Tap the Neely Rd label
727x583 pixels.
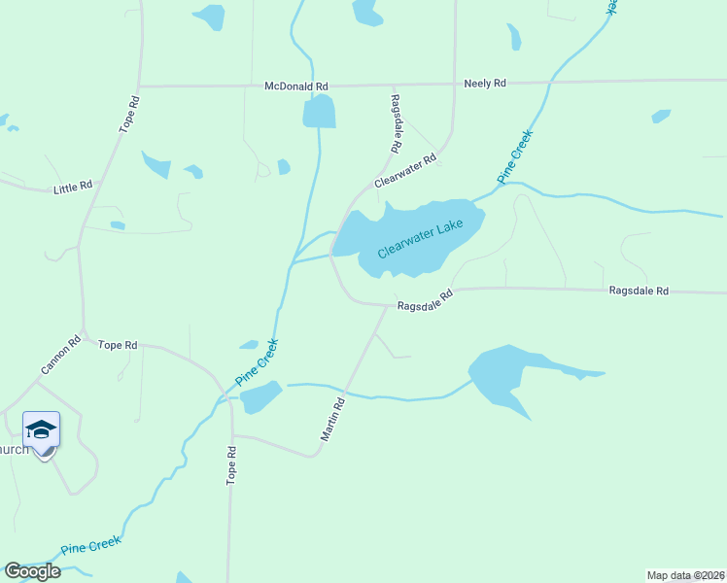point(485,84)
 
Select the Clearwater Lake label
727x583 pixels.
point(420,238)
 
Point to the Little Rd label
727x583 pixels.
point(73,186)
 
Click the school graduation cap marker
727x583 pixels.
point(42,429)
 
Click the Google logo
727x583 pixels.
point(32,571)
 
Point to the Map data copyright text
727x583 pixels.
point(686,575)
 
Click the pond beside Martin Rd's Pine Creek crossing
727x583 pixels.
point(260,396)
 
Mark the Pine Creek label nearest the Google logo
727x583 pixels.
point(90,546)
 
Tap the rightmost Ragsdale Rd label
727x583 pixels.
point(639,291)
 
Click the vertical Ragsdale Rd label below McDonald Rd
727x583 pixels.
point(396,122)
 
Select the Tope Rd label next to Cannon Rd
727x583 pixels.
point(118,345)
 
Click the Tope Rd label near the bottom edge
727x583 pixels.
point(231,465)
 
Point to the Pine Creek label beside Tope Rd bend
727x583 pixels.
point(257,362)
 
